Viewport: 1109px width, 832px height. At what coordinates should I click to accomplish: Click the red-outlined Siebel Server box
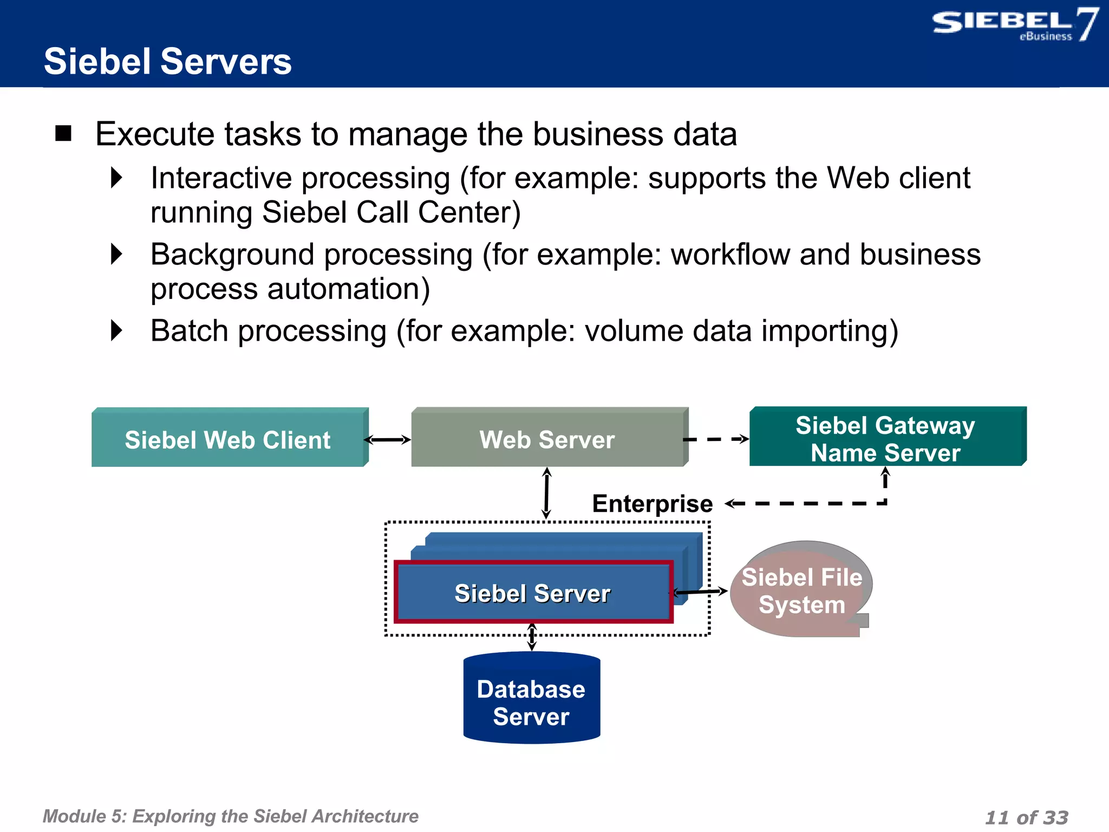(533, 593)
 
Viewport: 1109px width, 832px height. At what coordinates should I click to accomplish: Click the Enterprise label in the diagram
(652, 504)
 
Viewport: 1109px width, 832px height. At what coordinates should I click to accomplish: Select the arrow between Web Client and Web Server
(388, 440)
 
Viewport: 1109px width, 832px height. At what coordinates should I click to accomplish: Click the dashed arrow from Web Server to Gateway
(716, 439)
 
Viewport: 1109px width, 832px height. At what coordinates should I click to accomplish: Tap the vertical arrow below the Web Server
(546, 493)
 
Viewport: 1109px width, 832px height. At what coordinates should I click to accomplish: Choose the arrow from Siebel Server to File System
(701, 591)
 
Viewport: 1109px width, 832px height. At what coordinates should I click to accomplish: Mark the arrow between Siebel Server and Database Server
(532, 637)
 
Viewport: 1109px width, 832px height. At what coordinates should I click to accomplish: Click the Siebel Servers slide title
(168, 61)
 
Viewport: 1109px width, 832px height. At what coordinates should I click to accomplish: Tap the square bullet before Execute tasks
(63, 133)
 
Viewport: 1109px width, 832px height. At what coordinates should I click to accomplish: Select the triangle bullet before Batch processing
(116, 330)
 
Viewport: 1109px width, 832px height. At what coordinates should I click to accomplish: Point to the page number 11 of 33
(1026, 817)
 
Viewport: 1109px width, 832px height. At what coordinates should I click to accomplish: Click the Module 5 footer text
(231, 816)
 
